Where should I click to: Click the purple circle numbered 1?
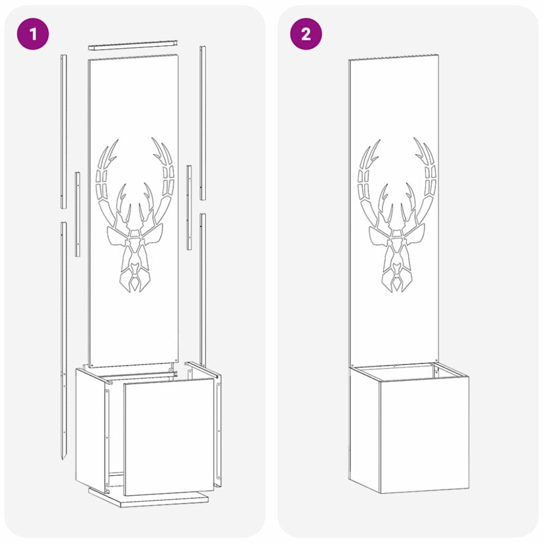(x=33, y=34)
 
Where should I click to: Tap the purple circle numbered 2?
(x=306, y=34)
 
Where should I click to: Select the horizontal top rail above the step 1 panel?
(x=134, y=45)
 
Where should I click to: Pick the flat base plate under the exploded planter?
(x=148, y=498)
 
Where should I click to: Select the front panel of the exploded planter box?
(x=169, y=437)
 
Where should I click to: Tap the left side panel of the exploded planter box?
(x=90, y=430)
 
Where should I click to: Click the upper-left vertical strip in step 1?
(x=64, y=131)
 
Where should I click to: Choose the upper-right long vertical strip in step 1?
(x=203, y=123)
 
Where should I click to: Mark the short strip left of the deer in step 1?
(x=78, y=214)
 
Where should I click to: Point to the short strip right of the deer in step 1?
(x=189, y=207)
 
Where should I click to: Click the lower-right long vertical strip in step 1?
(x=203, y=290)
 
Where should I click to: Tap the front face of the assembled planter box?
(x=425, y=434)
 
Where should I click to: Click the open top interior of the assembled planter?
(x=409, y=372)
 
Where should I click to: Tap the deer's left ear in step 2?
(x=378, y=237)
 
